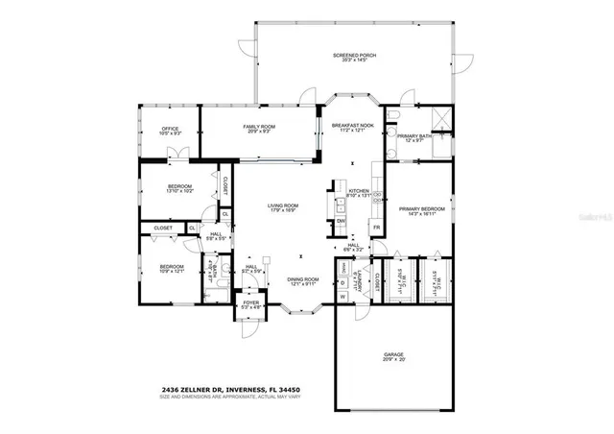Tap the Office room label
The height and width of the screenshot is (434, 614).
click(x=171, y=131)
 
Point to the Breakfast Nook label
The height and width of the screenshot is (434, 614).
click(x=350, y=129)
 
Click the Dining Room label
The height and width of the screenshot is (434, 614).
click(x=303, y=280)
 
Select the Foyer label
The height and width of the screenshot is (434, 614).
click(x=250, y=305)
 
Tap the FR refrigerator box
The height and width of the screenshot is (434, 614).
click(x=377, y=229)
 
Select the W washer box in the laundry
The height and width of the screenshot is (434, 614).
click(x=342, y=296)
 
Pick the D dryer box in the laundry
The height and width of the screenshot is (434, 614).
click(x=342, y=282)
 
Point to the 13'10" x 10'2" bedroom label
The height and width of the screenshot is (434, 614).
click(x=180, y=189)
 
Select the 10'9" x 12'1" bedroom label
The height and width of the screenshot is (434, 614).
click(x=172, y=269)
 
